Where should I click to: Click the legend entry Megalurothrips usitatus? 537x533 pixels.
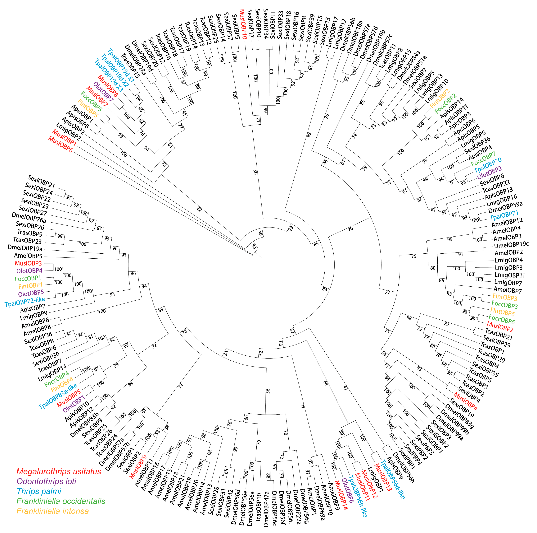tap(59, 472)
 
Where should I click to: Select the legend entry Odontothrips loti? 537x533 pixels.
tap(46, 481)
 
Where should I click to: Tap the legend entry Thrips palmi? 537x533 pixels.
tap(39, 491)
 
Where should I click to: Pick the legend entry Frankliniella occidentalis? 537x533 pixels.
tap(61, 501)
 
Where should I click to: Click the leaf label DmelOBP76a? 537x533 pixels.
tap(29, 218)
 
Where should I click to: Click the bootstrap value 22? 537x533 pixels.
tap(199, 209)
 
